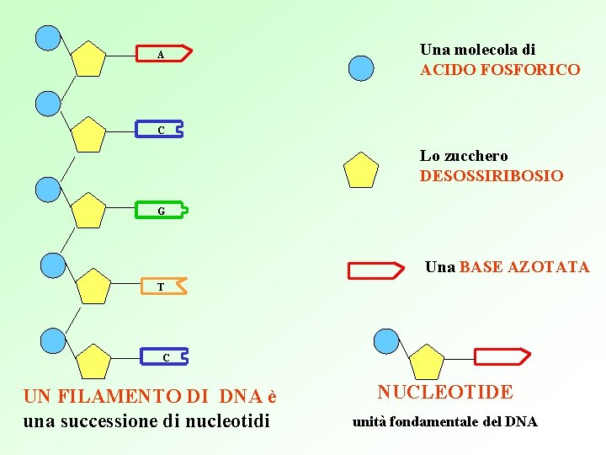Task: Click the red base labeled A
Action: (165, 55)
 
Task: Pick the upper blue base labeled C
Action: (160, 131)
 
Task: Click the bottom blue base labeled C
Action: (165, 357)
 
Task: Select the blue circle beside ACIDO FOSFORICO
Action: (361, 67)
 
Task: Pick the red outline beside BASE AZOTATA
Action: (376, 270)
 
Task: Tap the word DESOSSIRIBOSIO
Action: (492, 176)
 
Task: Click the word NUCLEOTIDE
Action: (444, 392)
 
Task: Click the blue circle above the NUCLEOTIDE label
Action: (385, 341)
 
